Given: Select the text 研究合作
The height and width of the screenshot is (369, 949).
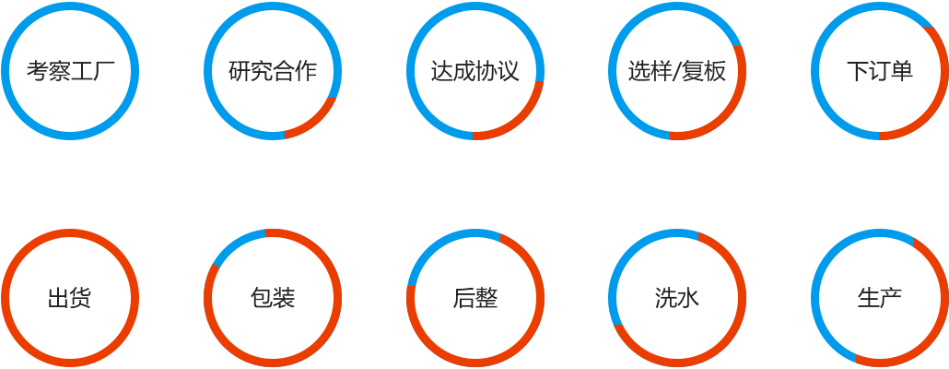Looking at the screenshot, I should pos(273,71).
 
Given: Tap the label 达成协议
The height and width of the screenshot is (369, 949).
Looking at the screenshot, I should pos(474,71).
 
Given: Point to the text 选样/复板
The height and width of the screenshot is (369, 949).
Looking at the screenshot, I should pos(677,71).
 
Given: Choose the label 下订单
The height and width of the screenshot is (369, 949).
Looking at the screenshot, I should pos(879,71).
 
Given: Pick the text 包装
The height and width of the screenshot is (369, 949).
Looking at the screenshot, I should pos(273,298).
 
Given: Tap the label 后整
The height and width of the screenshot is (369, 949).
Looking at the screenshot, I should pos(474,298).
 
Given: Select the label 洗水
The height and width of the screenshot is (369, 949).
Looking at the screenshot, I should pos(677,298).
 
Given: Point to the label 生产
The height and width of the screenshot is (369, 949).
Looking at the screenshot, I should pos(879,298).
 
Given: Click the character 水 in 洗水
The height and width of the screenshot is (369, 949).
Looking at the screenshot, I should pos(688,298).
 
